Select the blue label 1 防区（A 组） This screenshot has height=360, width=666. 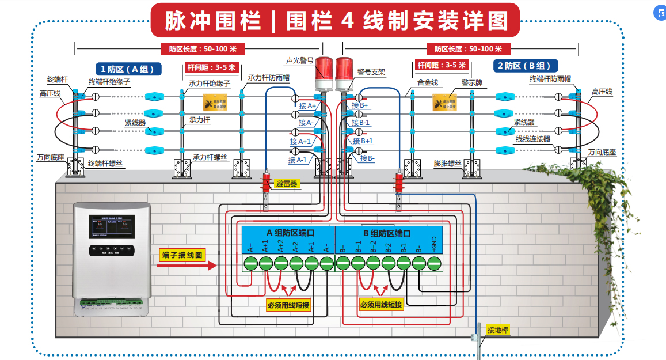click(128, 68)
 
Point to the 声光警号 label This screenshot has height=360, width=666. click(299, 60)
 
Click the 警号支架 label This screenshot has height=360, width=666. click(371, 72)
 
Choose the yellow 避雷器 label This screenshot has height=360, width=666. click(287, 184)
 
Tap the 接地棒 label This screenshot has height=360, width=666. click(498, 330)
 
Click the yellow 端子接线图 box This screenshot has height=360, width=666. click(182, 255)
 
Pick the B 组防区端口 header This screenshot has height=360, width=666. click(386, 233)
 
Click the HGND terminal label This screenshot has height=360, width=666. click(434, 245)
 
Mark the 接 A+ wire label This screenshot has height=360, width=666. click(307, 105)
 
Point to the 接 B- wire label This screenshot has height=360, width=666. click(367, 158)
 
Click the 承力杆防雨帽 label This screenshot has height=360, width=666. click(268, 77)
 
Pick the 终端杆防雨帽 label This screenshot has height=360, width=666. click(550, 79)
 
